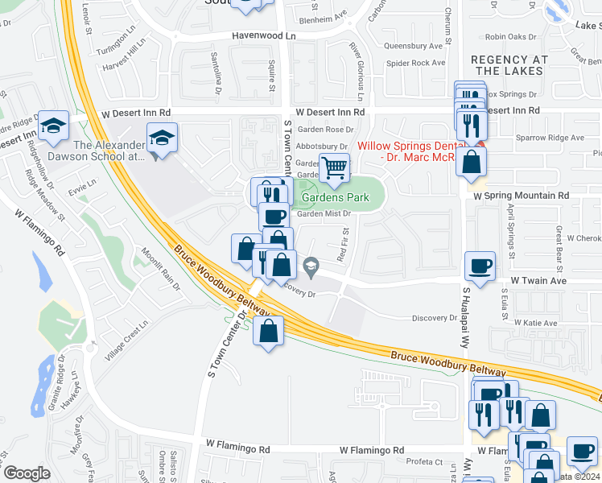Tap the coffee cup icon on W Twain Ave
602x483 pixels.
(x=480, y=266)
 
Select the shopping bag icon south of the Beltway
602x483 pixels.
(x=269, y=330)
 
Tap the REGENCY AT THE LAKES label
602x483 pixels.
(x=509, y=65)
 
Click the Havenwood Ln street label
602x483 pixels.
(x=264, y=36)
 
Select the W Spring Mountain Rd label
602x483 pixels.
(x=521, y=196)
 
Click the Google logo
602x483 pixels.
(x=27, y=473)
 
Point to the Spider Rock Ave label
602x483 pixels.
(x=415, y=63)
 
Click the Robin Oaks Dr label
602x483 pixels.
(x=510, y=36)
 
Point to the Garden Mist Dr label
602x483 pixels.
(x=324, y=213)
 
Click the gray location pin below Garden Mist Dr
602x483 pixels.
(x=310, y=264)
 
